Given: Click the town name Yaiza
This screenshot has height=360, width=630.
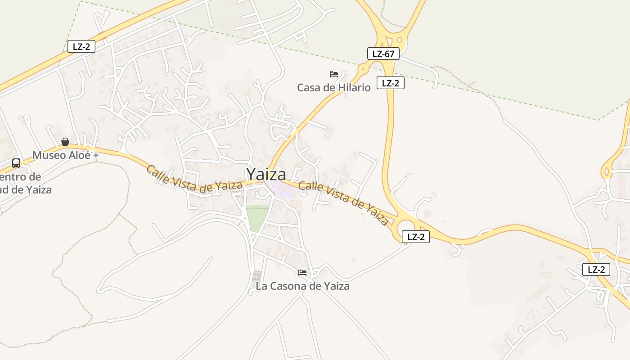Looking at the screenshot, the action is click(x=265, y=174).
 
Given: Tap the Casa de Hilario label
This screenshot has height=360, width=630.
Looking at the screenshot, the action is click(x=333, y=87).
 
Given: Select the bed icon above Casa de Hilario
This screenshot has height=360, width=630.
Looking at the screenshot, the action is click(x=334, y=74).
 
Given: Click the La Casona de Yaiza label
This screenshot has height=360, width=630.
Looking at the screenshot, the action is click(x=302, y=286).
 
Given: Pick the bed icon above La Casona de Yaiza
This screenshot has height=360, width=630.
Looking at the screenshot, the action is click(x=302, y=273).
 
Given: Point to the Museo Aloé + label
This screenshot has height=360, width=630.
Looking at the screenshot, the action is click(x=65, y=155).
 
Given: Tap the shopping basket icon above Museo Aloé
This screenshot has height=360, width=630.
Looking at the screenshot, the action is click(x=65, y=142).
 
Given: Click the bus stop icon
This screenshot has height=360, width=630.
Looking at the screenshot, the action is click(x=16, y=163).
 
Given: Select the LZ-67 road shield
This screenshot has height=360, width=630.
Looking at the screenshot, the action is click(x=383, y=54).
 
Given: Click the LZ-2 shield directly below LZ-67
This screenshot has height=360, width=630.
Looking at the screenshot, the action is click(x=391, y=83).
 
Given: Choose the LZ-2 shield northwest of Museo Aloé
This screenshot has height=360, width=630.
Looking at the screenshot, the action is click(x=81, y=46).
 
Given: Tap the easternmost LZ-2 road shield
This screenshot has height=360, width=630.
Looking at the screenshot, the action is click(x=596, y=270).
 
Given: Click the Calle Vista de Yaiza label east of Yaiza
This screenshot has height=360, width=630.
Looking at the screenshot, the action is click(x=344, y=202).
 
